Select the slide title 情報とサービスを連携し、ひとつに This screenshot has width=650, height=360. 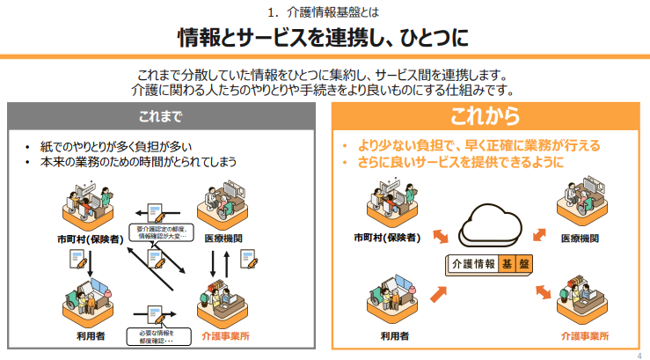(x=324, y=37)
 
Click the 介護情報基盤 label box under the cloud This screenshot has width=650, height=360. (x=489, y=263)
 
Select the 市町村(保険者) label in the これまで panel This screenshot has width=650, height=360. (x=85, y=238)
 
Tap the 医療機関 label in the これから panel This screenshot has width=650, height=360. (x=580, y=238)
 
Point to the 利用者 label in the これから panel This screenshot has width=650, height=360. (x=393, y=335)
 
